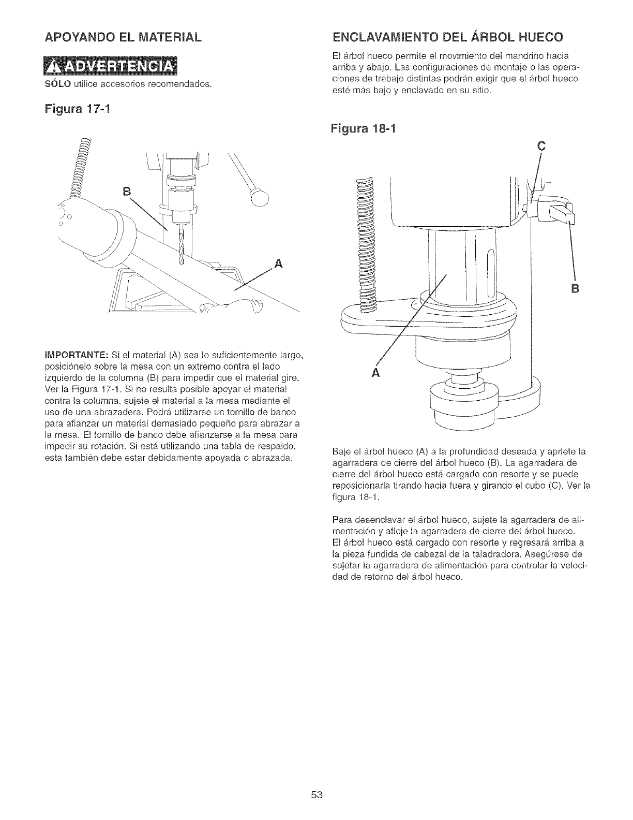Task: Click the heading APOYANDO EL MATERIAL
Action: (123, 37)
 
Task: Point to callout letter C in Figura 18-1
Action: (541, 147)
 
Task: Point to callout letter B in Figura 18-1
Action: (573, 288)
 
